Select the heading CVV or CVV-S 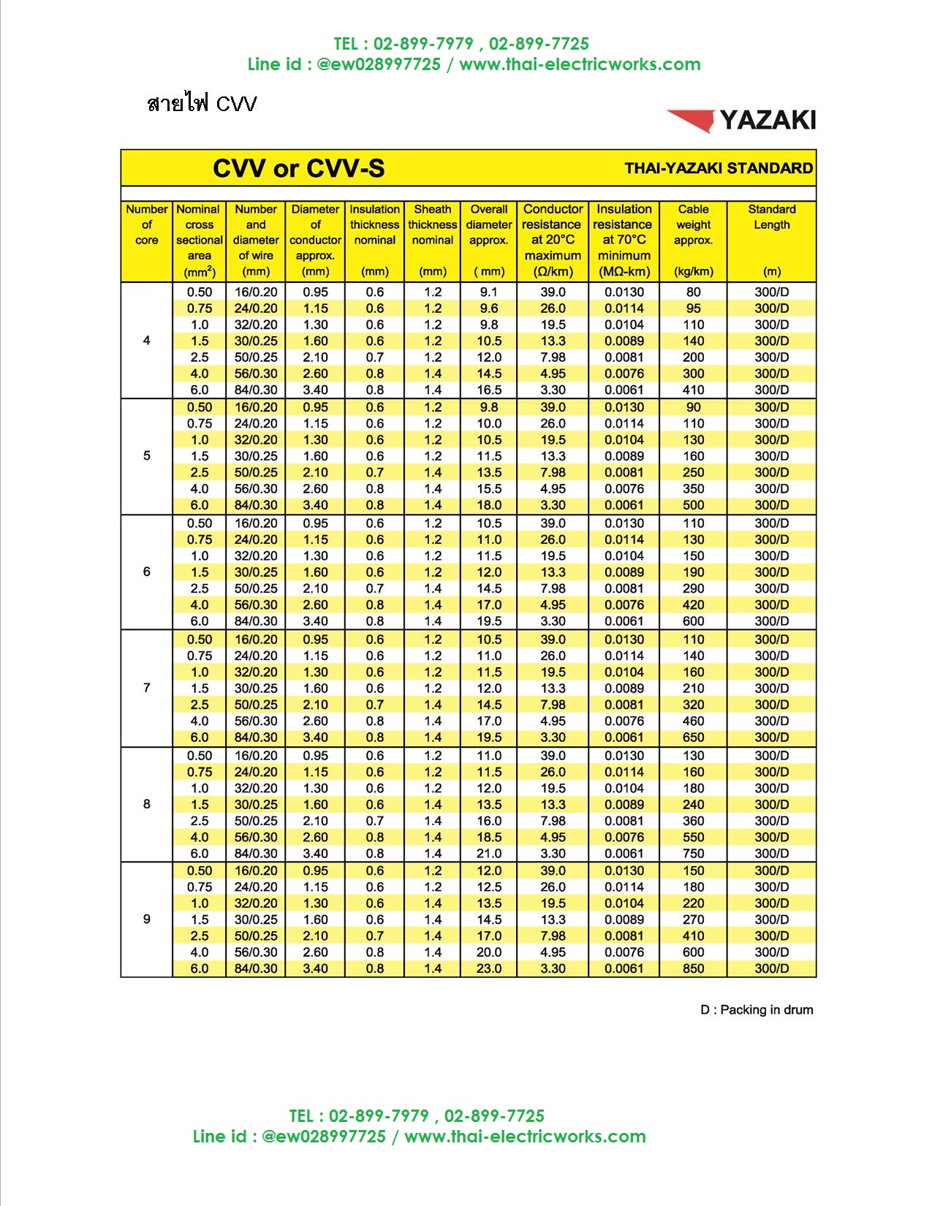(x=298, y=169)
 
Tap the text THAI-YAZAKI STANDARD (x=719, y=169)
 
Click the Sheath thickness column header (x=433, y=224)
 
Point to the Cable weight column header (x=693, y=224)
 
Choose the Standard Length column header (x=771, y=217)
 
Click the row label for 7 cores (x=147, y=688)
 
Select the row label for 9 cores (x=147, y=919)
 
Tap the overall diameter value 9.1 (x=489, y=292)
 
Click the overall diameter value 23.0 (x=489, y=968)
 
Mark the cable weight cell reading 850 (x=693, y=968)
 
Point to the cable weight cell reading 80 (x=693, y=292)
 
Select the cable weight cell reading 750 (x=693, y=854)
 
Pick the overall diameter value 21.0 (x=489, y=854)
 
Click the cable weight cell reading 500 (x=693, y=505)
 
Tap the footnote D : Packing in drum (x=757, y=1010)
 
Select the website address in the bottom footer (x=525, y=1137)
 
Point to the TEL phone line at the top (x=461, y=44)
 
